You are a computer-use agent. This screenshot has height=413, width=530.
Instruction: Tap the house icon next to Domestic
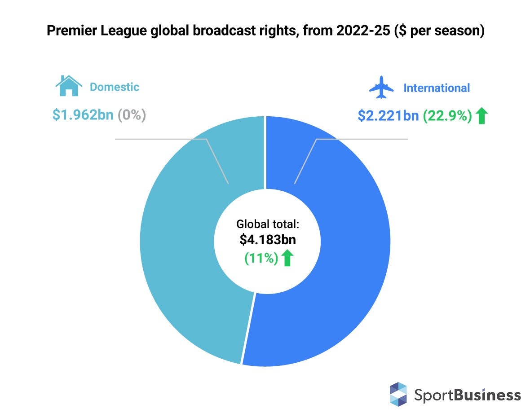(69, 86)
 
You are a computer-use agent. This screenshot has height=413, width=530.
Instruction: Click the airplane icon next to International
(381, 87)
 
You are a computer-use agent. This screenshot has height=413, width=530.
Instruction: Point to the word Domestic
(114, 87)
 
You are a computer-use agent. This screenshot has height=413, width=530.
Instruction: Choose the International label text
(437, 88)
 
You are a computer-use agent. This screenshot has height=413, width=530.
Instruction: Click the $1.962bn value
(83, 115)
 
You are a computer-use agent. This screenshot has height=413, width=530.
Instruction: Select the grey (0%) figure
(132, 115)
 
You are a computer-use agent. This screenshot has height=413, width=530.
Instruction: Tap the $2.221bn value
(388, 116)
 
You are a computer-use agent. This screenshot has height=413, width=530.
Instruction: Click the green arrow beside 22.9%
(481, 116)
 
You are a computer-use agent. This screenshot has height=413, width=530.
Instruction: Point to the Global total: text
(268, 224)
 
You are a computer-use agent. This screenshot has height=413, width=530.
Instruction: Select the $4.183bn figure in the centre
(268, 240)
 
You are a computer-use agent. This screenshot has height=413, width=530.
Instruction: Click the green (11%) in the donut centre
(261, 258)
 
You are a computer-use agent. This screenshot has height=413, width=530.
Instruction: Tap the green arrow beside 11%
(287, 258)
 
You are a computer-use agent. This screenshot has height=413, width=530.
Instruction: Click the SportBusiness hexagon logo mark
(398, 394)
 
